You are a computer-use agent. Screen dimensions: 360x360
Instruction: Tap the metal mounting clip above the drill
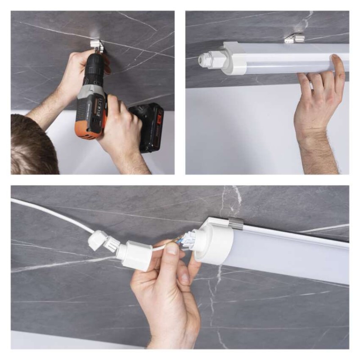pos(96,45)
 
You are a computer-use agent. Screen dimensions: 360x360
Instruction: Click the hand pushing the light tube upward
pos(319,99)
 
